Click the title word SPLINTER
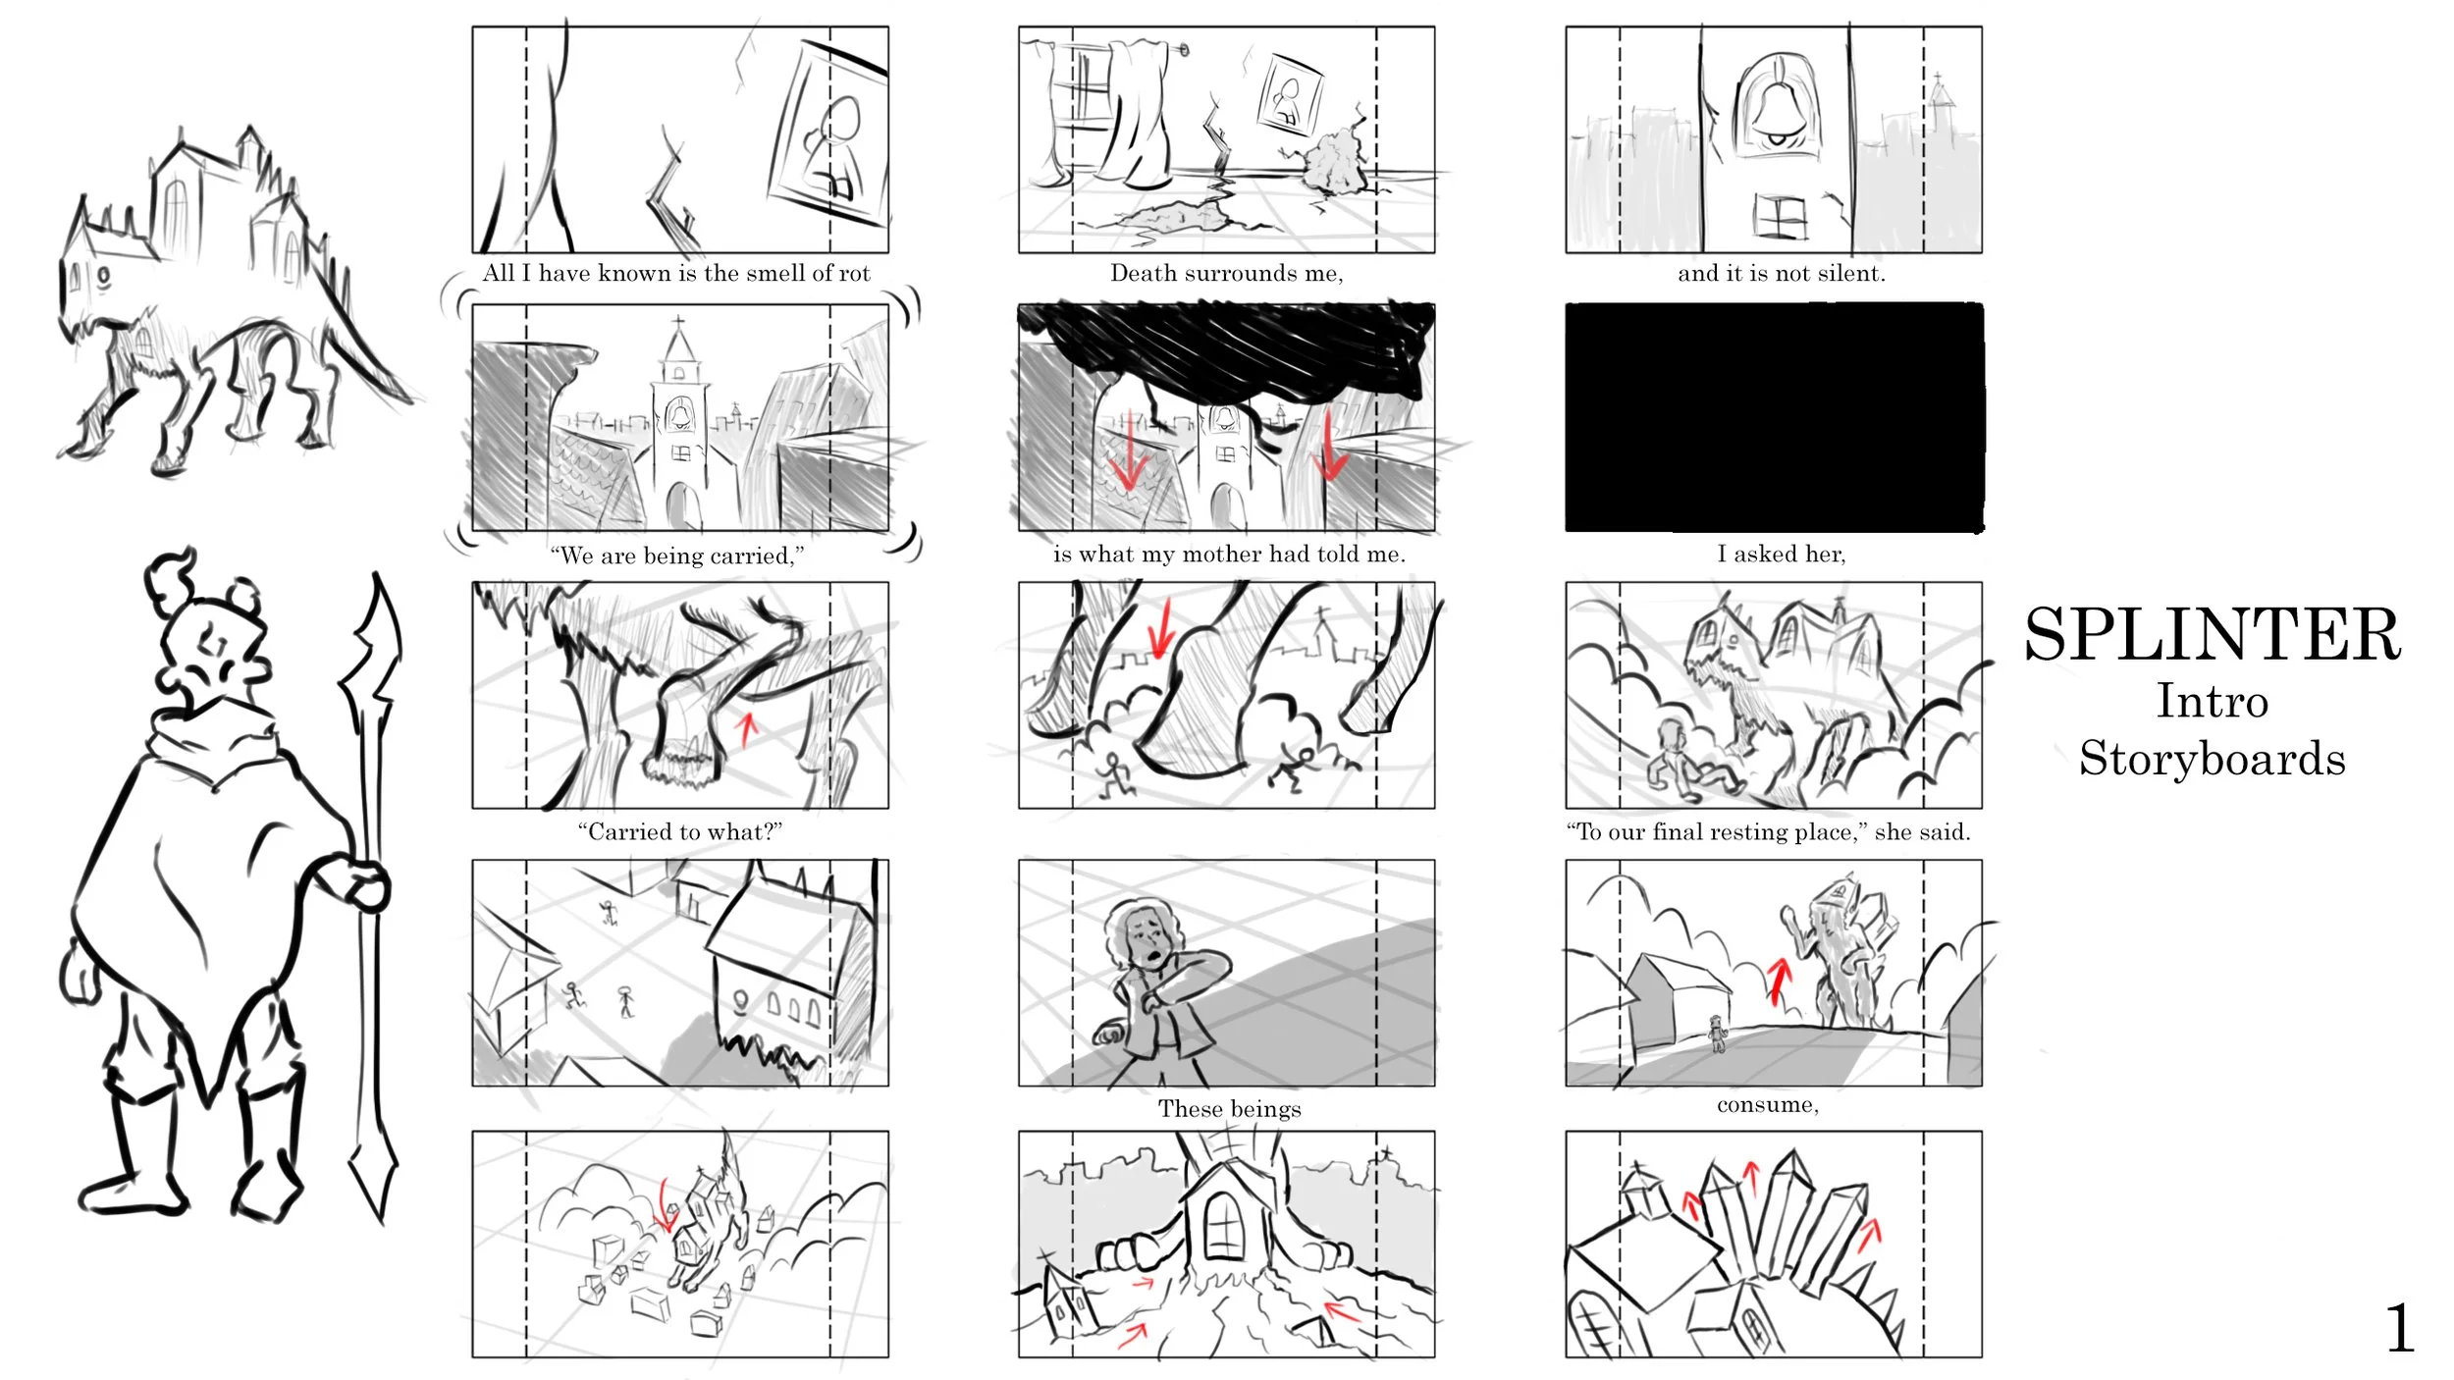(2213, 634)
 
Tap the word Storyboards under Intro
(2213, 759)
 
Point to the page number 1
(2400, 1329)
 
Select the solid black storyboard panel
(1774, 418)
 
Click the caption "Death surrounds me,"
(1226, 273)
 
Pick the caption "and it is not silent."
(1781, 273)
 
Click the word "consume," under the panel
(1767, 1105)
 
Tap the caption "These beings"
(1229, 1108)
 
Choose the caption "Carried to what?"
(680, 831)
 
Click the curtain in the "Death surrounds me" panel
(1139, 113)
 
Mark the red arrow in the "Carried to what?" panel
(748, 728)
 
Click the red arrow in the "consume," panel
(1779, 982)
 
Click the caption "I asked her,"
(1781, 554)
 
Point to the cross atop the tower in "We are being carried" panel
(678, 322)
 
